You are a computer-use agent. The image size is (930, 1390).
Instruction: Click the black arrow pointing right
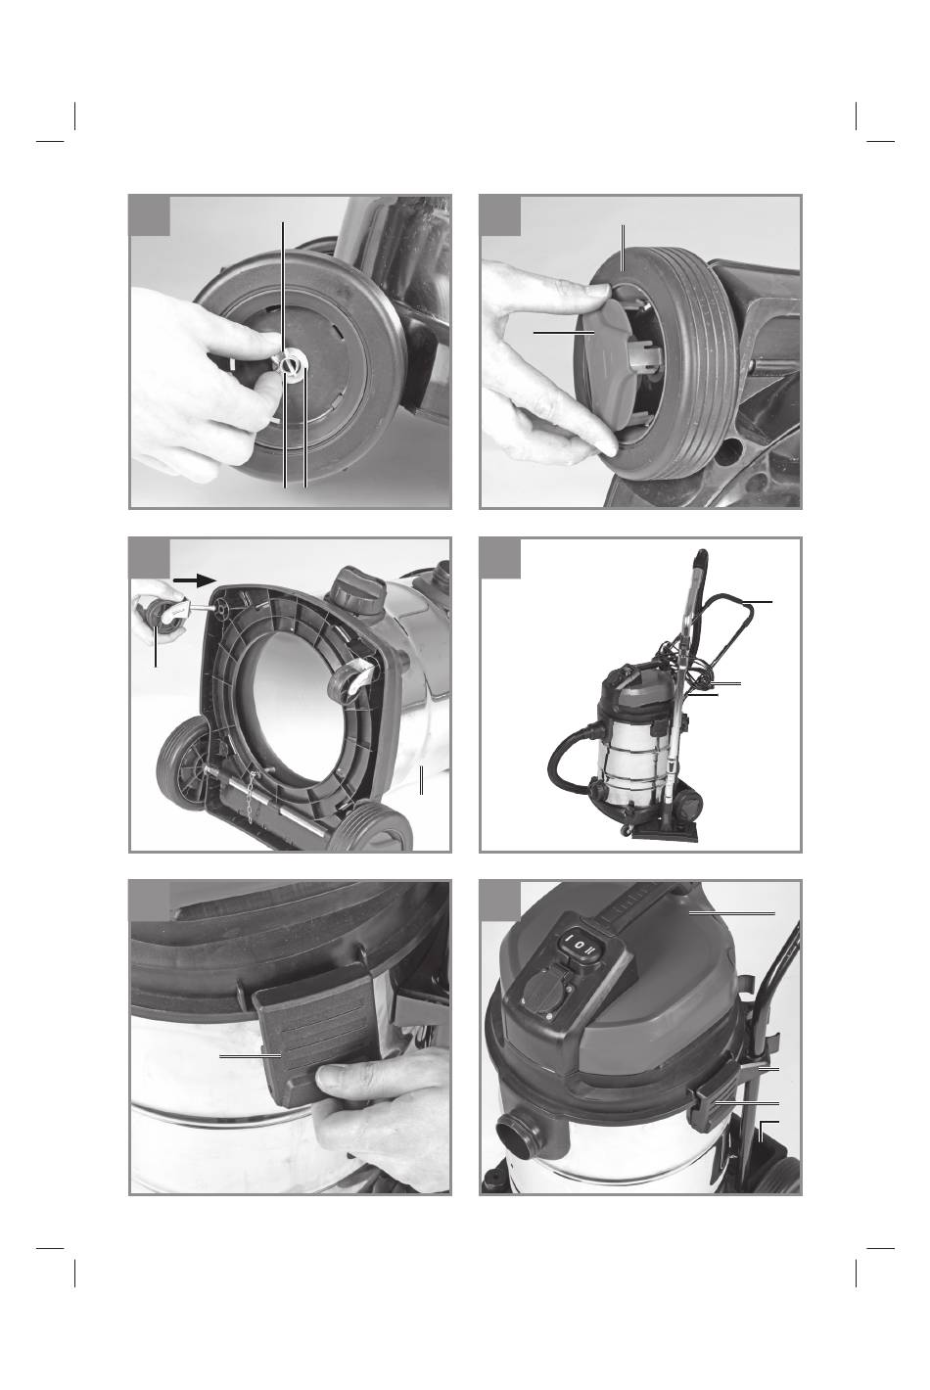[194, 579]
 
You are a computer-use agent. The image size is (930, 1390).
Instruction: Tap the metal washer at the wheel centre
[290, 364]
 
